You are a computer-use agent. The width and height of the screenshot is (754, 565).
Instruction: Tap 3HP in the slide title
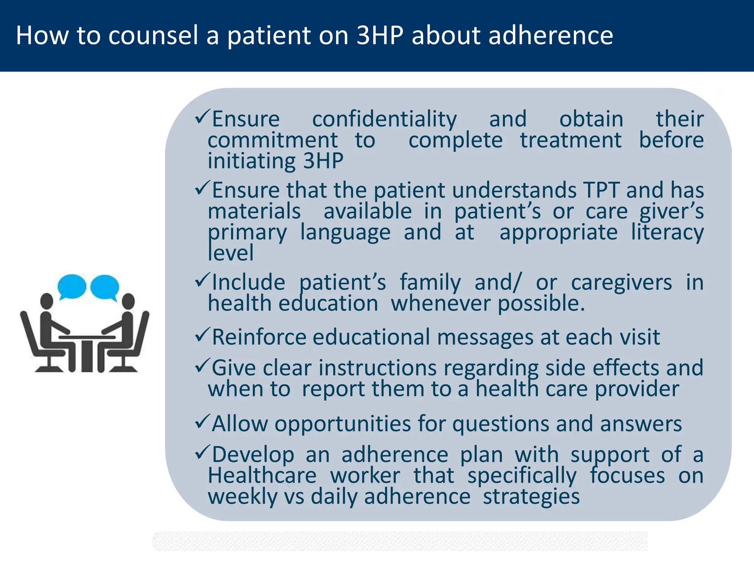pyautogui.click(x=380, y=36)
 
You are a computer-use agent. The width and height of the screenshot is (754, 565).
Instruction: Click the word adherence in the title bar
pyautogui.click(x=550, y=36)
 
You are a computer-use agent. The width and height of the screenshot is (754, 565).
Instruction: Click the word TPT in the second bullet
pyautogui.click(x=602, y=191)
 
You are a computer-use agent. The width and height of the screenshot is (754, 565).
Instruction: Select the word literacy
pyautogui.click(x=667, y=233)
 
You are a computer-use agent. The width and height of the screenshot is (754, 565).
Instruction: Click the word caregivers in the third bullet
pyautogui.click(x=621, y=282)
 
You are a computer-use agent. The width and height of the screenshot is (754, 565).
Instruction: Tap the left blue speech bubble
pyautogui.click(x=72, y=286)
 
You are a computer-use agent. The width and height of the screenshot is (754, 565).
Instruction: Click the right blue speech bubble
pyautogui.click(x=105, y=286)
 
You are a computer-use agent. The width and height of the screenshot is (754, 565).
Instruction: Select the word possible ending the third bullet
pyautogui.click(x=541, y=304)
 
